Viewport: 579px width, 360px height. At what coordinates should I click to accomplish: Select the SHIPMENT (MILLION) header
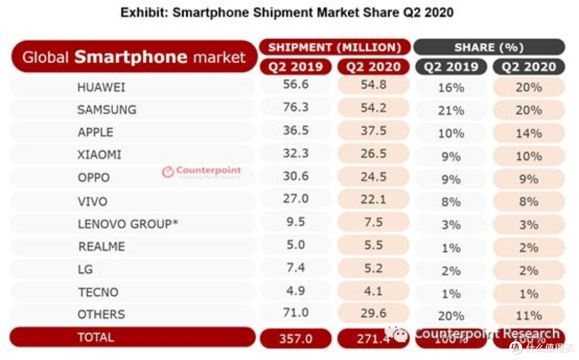[x=335, y=47]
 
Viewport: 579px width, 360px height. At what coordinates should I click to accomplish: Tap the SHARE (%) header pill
[x=488, y=47]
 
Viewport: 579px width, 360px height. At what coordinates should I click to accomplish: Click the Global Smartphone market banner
[x=134, y=57]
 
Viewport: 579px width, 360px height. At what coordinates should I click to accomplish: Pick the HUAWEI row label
[x=101, y=87]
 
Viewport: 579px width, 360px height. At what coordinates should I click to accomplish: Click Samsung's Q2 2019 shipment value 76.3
[x=295, y=107]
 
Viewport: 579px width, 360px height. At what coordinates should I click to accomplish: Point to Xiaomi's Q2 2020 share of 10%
[x=529, y=156]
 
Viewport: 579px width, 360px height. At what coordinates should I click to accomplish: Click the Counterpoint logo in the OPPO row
[x=202, y=171]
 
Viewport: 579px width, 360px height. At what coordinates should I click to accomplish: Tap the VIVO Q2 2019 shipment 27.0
[x=295, y=199]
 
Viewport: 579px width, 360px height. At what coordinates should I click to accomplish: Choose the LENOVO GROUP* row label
[x=128, y=224]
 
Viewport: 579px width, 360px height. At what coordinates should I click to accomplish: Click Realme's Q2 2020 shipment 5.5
[x=373, y=244]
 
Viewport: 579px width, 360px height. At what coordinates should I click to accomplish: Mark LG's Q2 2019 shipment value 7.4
[x=295, y=267]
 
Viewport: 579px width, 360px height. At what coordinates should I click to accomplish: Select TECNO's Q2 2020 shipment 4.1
[x=373, y=291]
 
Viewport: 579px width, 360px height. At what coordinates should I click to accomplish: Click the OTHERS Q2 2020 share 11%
[x=529, y=315]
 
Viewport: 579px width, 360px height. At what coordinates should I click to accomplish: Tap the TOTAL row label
[x=96, y=337]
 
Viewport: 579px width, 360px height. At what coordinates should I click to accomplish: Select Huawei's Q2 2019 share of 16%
[x=451, y=87]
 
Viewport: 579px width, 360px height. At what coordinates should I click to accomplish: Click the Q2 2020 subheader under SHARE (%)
[x=529, y=67]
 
